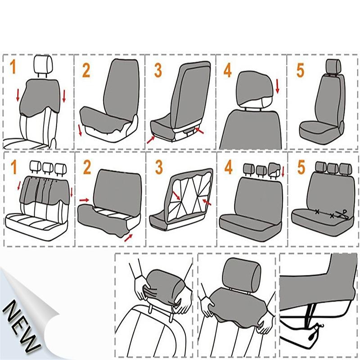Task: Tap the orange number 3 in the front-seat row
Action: (x=158, y=71)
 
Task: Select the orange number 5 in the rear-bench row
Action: (x=301, y=167)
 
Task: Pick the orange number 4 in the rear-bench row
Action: (x=229, y=167)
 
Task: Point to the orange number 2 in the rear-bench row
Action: (x=87, y=167)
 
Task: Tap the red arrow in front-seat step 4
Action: (x=277, y=86)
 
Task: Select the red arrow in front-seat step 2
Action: (x=80, y=130)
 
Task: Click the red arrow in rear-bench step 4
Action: (x=283, y=172)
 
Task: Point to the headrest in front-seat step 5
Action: (x=333, y=66)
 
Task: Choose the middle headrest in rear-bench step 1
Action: (x=47, y=168)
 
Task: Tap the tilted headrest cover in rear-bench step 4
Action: (x=274, y=169)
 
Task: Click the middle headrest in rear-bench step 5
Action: (x=333, y=168)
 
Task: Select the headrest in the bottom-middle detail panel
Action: (x=241, y=273)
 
